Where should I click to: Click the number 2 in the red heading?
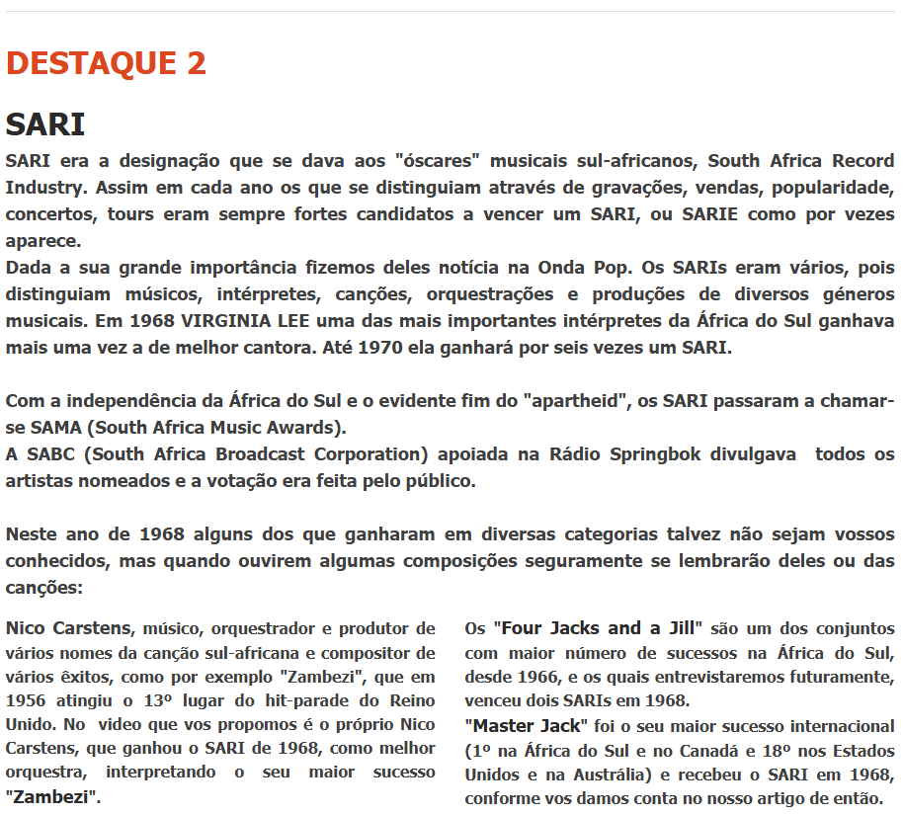coord(195,63)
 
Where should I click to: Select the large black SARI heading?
coord(45,125)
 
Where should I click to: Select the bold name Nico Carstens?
coord(68,628)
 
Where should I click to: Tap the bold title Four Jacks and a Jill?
coord(597,628)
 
